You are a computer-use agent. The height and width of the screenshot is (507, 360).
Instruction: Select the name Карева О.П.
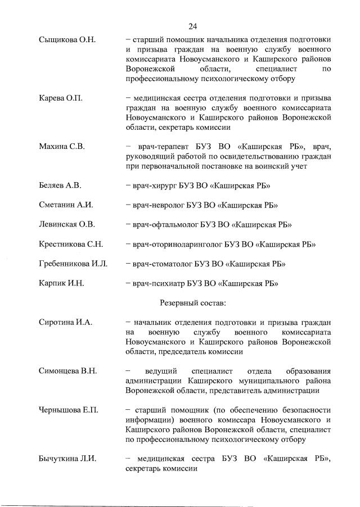click(x=60, y=98)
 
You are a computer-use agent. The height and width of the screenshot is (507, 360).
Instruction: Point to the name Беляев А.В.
click(x=60, y=185)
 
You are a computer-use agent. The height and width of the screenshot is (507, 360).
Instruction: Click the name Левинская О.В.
click(x=67, y=225)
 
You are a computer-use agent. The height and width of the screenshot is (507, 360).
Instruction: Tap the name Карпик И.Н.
click(x=61, y=283)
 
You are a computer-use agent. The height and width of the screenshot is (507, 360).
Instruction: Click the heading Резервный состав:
click(x=193, y=303)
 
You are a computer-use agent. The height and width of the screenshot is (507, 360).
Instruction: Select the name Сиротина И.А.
click(x=65, y=322)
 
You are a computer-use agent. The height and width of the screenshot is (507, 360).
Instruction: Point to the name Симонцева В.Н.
click(x=67, y=371)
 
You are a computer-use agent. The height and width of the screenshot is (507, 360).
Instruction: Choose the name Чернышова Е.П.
click(x=68, y=410)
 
